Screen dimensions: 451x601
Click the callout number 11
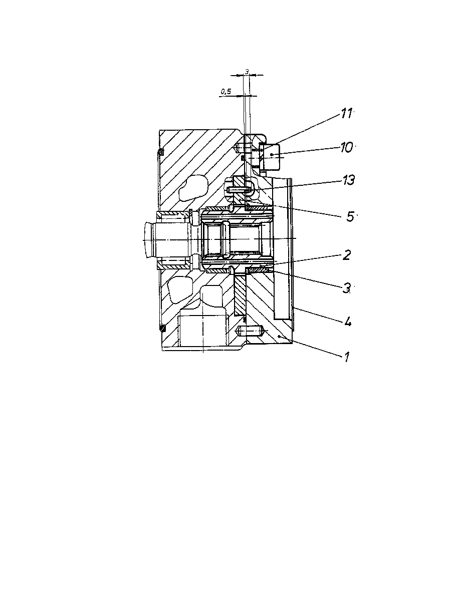[x=346, y=113]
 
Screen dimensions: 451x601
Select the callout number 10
[x=346, y=148]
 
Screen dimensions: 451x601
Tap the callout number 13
[x=348, y=180]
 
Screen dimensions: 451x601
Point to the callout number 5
[x=350, y=216]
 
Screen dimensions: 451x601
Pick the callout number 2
[x=346, y=255]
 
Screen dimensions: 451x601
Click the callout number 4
[x=347, y=322]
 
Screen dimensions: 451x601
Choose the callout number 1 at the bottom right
[x=347, y=357]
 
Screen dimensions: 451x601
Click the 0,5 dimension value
[x=226, y=92]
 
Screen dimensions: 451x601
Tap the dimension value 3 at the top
[x=247, y=72]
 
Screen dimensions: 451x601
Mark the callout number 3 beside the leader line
[x=347, y=288]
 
